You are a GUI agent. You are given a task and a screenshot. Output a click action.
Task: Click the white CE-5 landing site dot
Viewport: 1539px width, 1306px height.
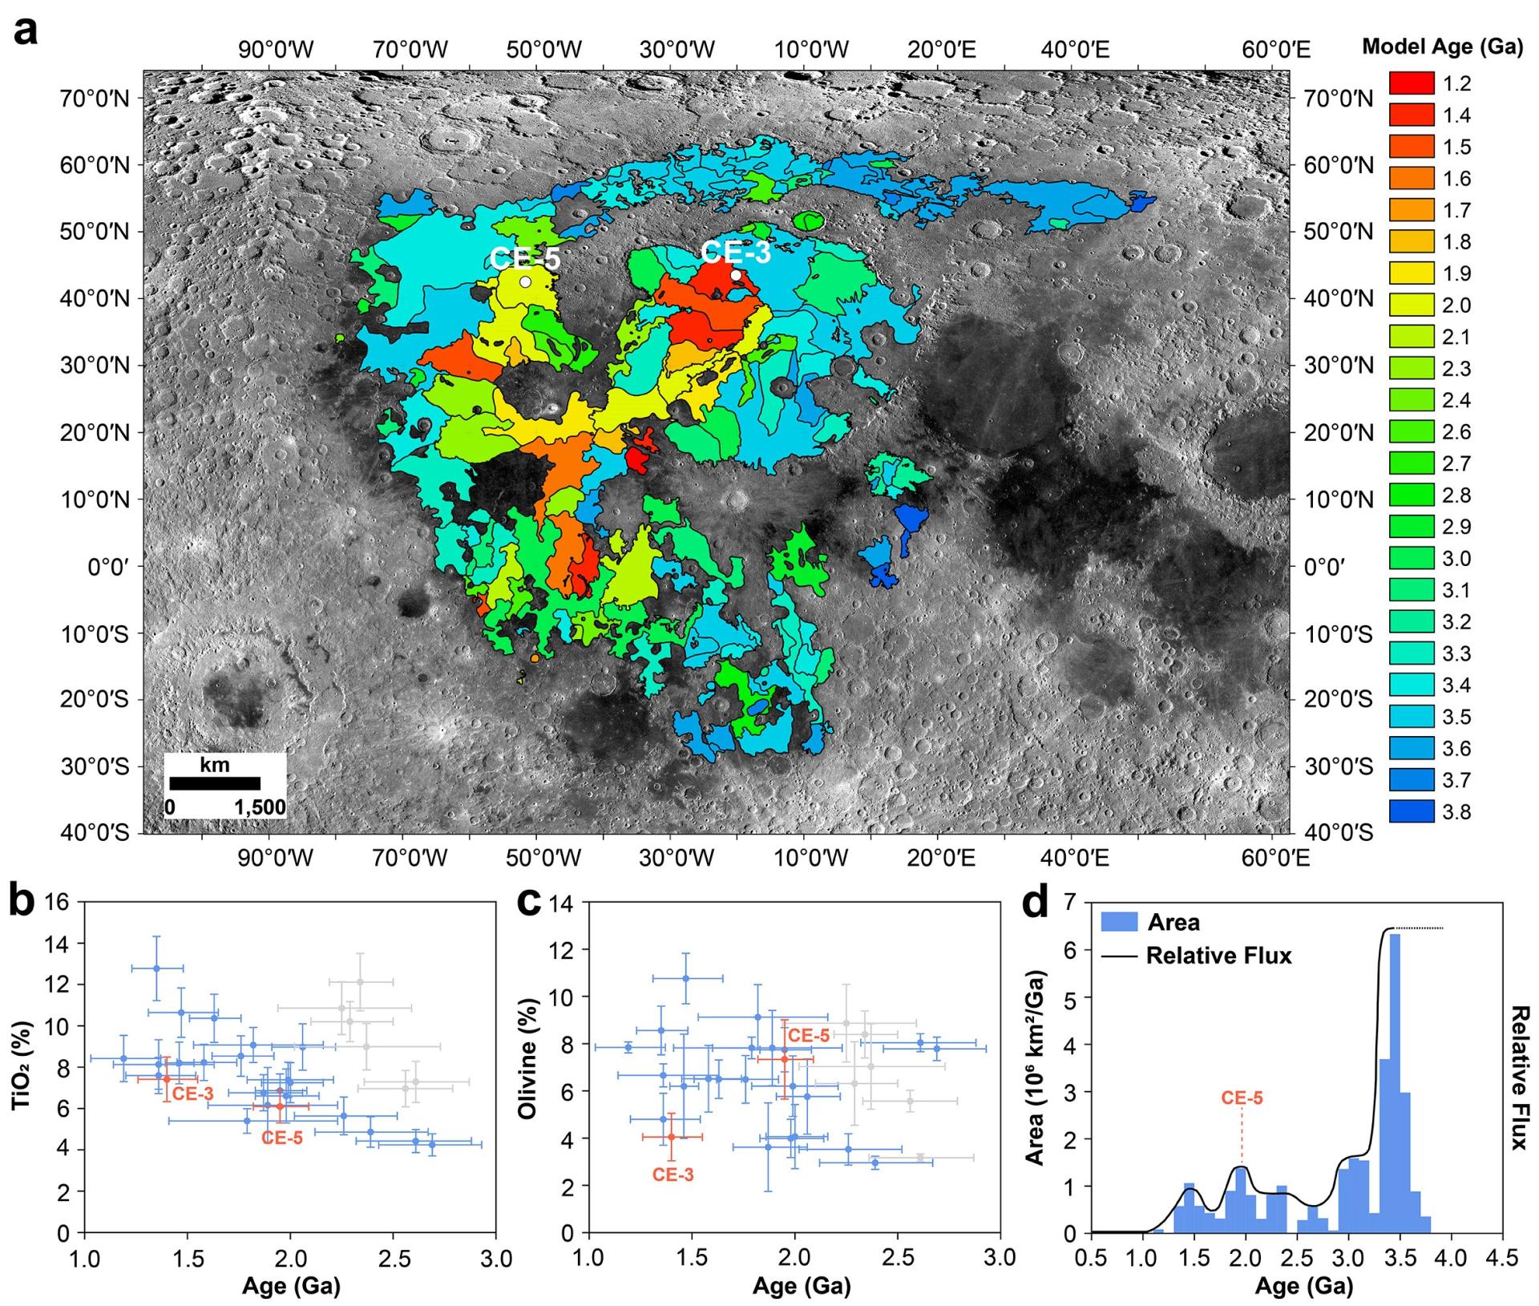(x=525, y=281)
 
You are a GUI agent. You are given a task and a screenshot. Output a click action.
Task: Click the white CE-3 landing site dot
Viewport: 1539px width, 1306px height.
(x=736, y=275)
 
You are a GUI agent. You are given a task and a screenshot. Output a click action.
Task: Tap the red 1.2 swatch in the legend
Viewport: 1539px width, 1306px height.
(x=1411, y=83)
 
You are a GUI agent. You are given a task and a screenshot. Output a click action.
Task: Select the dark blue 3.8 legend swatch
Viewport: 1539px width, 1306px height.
(x=1411, y=812)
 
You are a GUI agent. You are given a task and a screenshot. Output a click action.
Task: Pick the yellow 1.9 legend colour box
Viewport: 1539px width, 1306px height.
(x=1411, y=273)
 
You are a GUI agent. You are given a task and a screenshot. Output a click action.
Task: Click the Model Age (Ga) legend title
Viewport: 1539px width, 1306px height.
(x=1442, y=47)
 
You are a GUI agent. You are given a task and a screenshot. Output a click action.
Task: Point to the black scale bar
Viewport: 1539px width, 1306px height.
(x=215, y=783)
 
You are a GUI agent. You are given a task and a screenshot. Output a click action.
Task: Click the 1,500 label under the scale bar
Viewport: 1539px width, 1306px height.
(x=260, y=807)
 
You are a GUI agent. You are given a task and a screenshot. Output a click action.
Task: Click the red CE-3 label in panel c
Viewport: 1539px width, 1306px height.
(x=673, y=1175)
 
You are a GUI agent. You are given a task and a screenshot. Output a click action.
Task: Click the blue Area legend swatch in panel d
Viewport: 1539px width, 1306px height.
(x=1120, y=922)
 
